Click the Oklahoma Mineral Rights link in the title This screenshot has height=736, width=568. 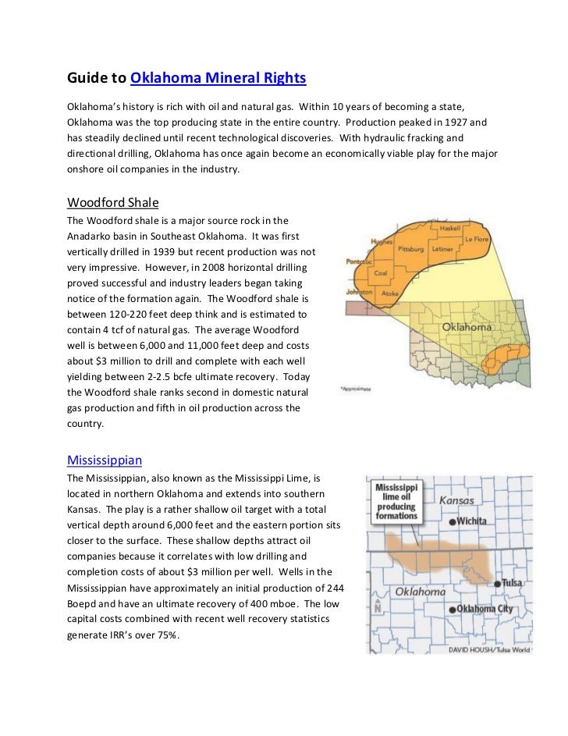coord(218,79)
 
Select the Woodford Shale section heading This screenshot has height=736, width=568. coord(113,202)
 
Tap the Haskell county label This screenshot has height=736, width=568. coord(450,229)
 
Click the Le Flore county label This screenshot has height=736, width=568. coord(476,238)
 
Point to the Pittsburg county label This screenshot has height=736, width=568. coord(410,249)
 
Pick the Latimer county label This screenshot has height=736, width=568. coord(442,249)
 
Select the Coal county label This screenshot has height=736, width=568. coord(381,273)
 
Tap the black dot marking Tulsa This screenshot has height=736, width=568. coord(497,582)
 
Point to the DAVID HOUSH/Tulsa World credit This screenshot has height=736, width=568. coord(489,649)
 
